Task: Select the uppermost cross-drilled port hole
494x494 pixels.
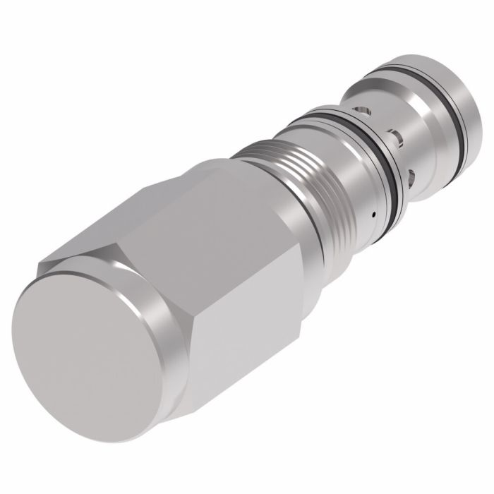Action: click(364, 112)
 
